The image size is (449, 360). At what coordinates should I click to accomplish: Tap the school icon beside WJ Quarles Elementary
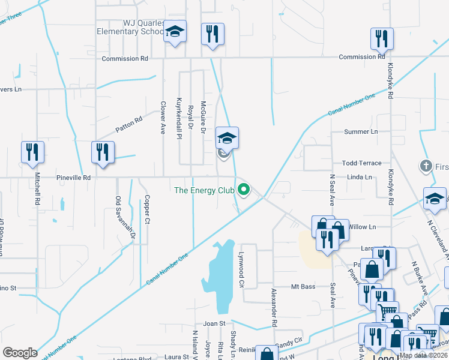click(x=175, y=31)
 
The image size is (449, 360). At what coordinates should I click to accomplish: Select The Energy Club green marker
click(x=244, y=190)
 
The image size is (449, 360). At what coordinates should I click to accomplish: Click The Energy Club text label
click(x=203, y=191)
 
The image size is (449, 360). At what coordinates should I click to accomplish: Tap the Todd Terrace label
click(x=361, y=163)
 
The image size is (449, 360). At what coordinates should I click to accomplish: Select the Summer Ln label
click(x=361, y=131)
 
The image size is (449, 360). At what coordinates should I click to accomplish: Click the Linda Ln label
click(x=361, y=177)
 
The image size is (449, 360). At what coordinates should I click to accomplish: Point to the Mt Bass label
click(x=303, y=287)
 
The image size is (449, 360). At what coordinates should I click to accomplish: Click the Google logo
click(x=20, y=353)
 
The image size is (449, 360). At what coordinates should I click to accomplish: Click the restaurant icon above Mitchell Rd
click(x=32, y=152)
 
